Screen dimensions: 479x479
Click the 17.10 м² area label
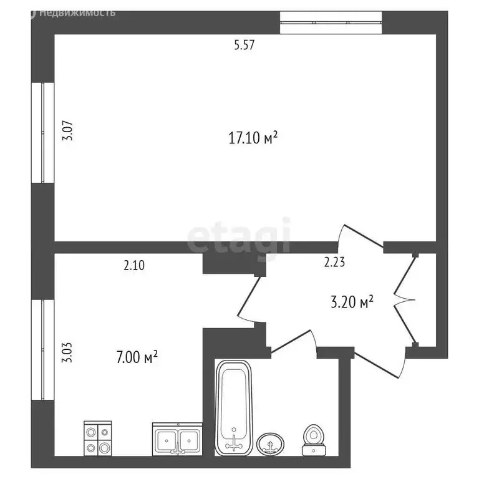(x=253, y=137)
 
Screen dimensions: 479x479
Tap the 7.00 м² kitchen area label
(x=137, y=357)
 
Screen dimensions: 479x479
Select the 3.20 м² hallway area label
(x=352, y=301)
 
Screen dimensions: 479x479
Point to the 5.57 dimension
(x=244, y=45)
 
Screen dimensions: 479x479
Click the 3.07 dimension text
(x=67, y=131)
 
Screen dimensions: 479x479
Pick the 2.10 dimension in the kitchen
(x=134, y=265)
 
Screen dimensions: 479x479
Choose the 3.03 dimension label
(x=67, y=352)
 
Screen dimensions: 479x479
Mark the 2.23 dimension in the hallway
(x=334, y=262)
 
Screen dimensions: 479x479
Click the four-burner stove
(x=98, y=438)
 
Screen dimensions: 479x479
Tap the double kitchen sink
(x=178, y=439)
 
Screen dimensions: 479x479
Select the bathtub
(x=234, y=408)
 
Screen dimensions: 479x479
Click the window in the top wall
(x=331, y=22)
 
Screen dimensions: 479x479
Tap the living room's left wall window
(x=43, y=133)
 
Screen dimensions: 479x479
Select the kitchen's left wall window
(x=43, y=350)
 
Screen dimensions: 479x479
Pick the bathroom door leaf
(x=291, y=341)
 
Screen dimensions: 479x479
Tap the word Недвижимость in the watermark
(x=77, y=12)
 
